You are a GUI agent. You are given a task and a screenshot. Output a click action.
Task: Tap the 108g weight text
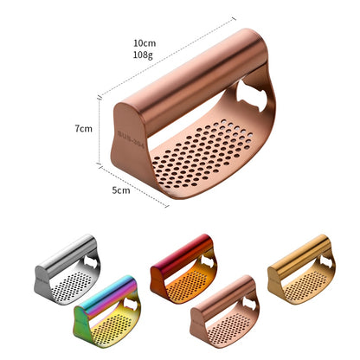pyautogui.click(x=145, y=55)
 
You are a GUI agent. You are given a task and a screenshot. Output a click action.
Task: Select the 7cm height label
pyautogui.click(x=83, y=128)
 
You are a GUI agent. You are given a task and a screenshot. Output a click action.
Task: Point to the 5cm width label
pyautogui.click(x=121, y=191)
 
